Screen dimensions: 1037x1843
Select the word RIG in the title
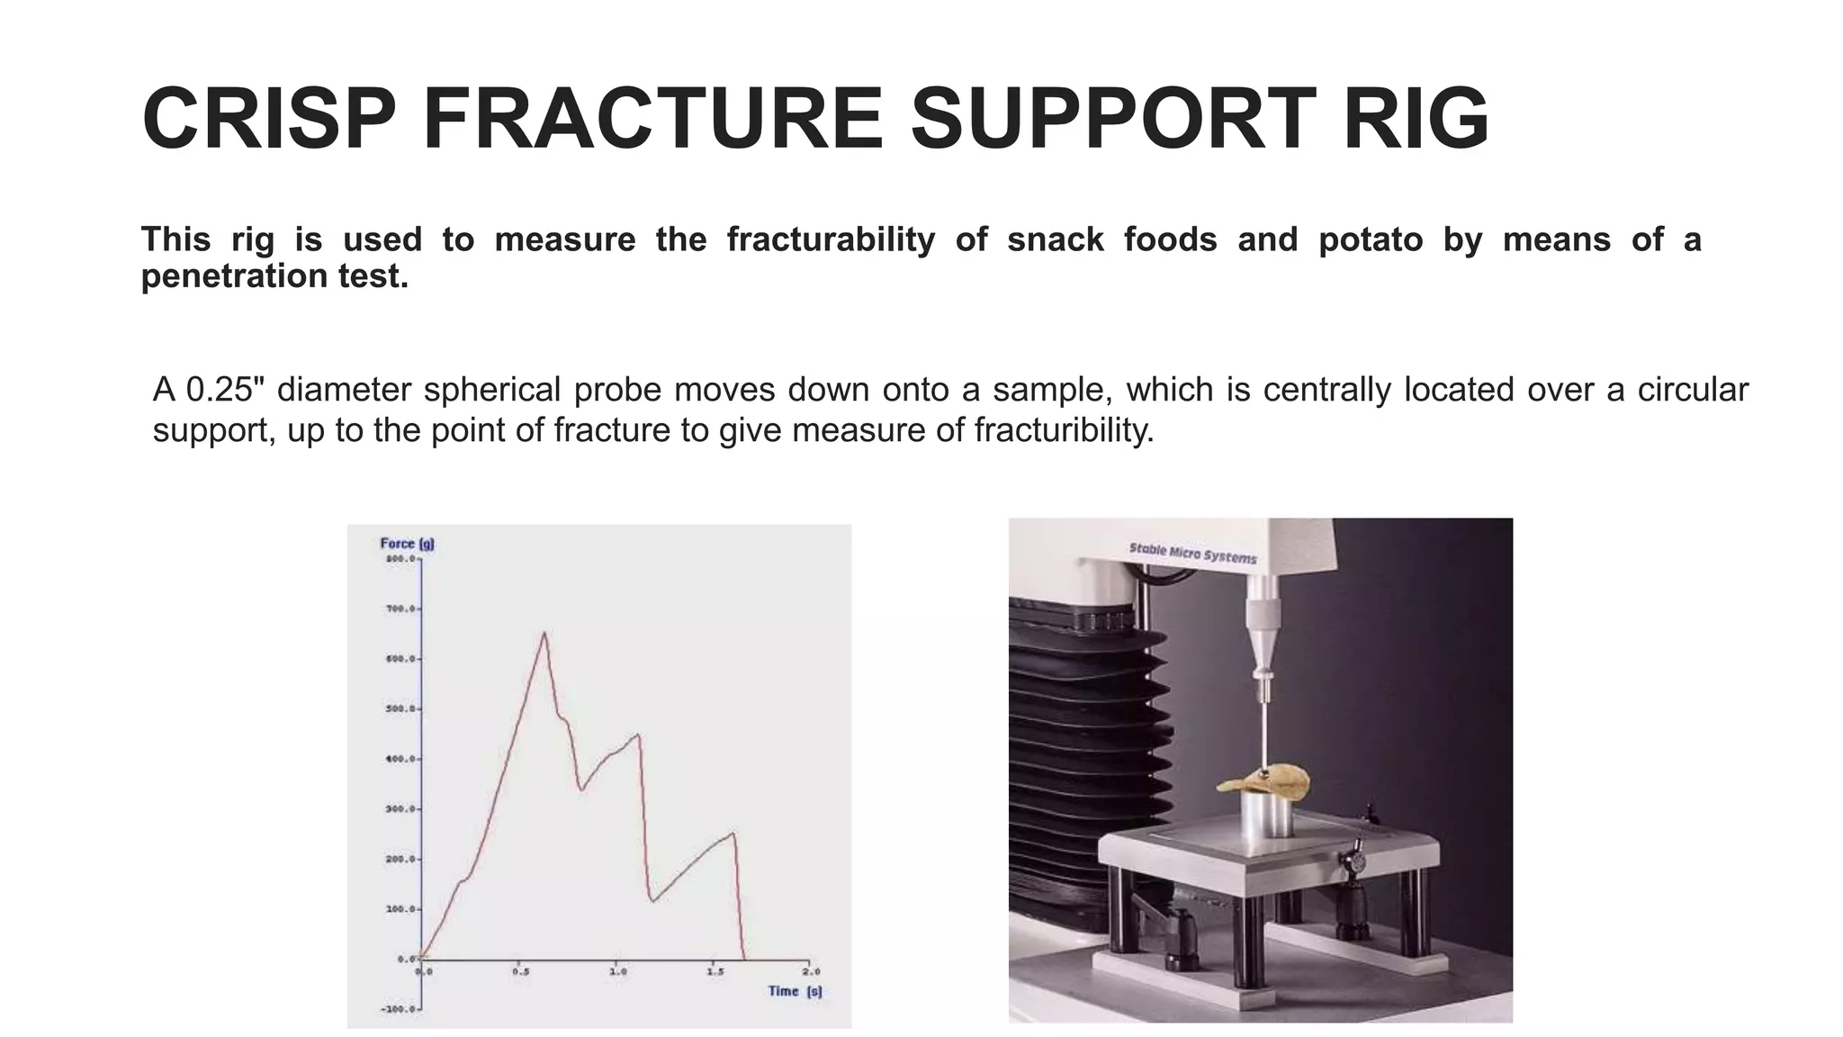(1416, 120)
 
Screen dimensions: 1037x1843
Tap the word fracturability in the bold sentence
(831, 240)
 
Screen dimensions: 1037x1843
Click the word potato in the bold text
(1371, 240)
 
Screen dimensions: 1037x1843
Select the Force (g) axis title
(407, 544)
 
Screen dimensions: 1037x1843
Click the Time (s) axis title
(795, 991)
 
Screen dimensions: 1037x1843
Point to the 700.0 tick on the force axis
(401, 609)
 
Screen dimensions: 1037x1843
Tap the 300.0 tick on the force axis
(401, 809)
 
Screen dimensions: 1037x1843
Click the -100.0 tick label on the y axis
(400, 1009)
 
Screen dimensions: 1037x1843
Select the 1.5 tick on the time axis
(715, 972)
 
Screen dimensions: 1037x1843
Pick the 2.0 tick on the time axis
(811, 972)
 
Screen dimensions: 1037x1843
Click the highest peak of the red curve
(544, 633)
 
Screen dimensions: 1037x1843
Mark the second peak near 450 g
(638, 735)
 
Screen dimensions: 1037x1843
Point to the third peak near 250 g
(733, 833)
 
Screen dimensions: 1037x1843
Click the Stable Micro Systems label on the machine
(1192, 553)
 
